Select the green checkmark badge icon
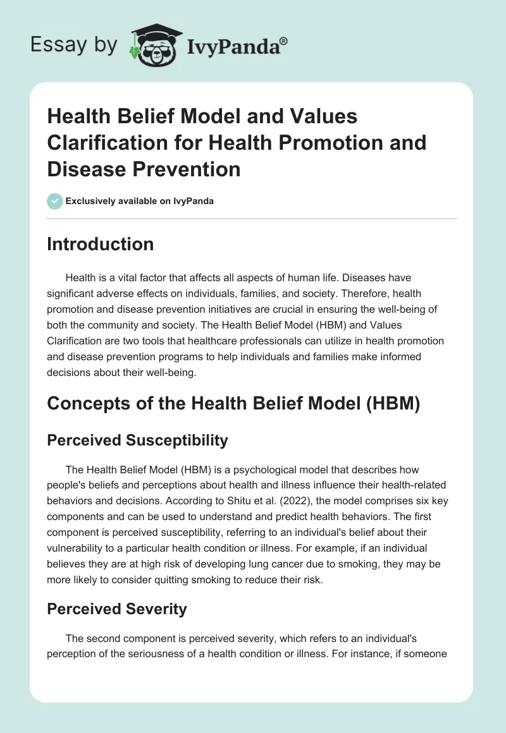click(54, 201)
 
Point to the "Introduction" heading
click(100, 244)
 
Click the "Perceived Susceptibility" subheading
click(137, 440)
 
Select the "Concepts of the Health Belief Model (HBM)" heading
click(233, 404)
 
